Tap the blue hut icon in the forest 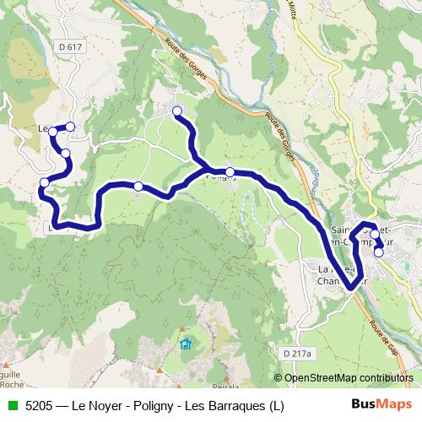coord(186,344)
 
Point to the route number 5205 coord(40,406)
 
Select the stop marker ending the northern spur coord(177,111)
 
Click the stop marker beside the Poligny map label coord(230,172)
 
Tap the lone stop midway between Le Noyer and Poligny coord(138,187)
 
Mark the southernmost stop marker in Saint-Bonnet coord(379,252)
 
